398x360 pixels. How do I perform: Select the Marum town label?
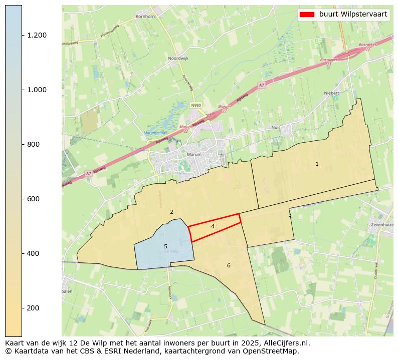[193, 155]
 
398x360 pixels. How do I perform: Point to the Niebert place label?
[332, 93]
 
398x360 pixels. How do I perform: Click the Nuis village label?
[289, 127]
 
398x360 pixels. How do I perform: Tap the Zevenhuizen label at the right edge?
[383, 225]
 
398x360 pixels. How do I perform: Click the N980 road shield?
[195, 105]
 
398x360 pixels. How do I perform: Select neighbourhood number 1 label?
[317, 164]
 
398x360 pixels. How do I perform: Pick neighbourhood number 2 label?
[171, 212]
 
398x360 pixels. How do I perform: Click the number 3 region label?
[290, 215]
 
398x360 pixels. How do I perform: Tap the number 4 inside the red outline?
[213, 227]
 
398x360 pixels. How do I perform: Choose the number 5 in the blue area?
[165, 246]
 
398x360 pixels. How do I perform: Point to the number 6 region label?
[229, 265]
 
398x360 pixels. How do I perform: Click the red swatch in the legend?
[307, 15]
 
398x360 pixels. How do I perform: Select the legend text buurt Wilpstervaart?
[353, 15]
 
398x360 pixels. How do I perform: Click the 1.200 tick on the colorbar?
[37, 35]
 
